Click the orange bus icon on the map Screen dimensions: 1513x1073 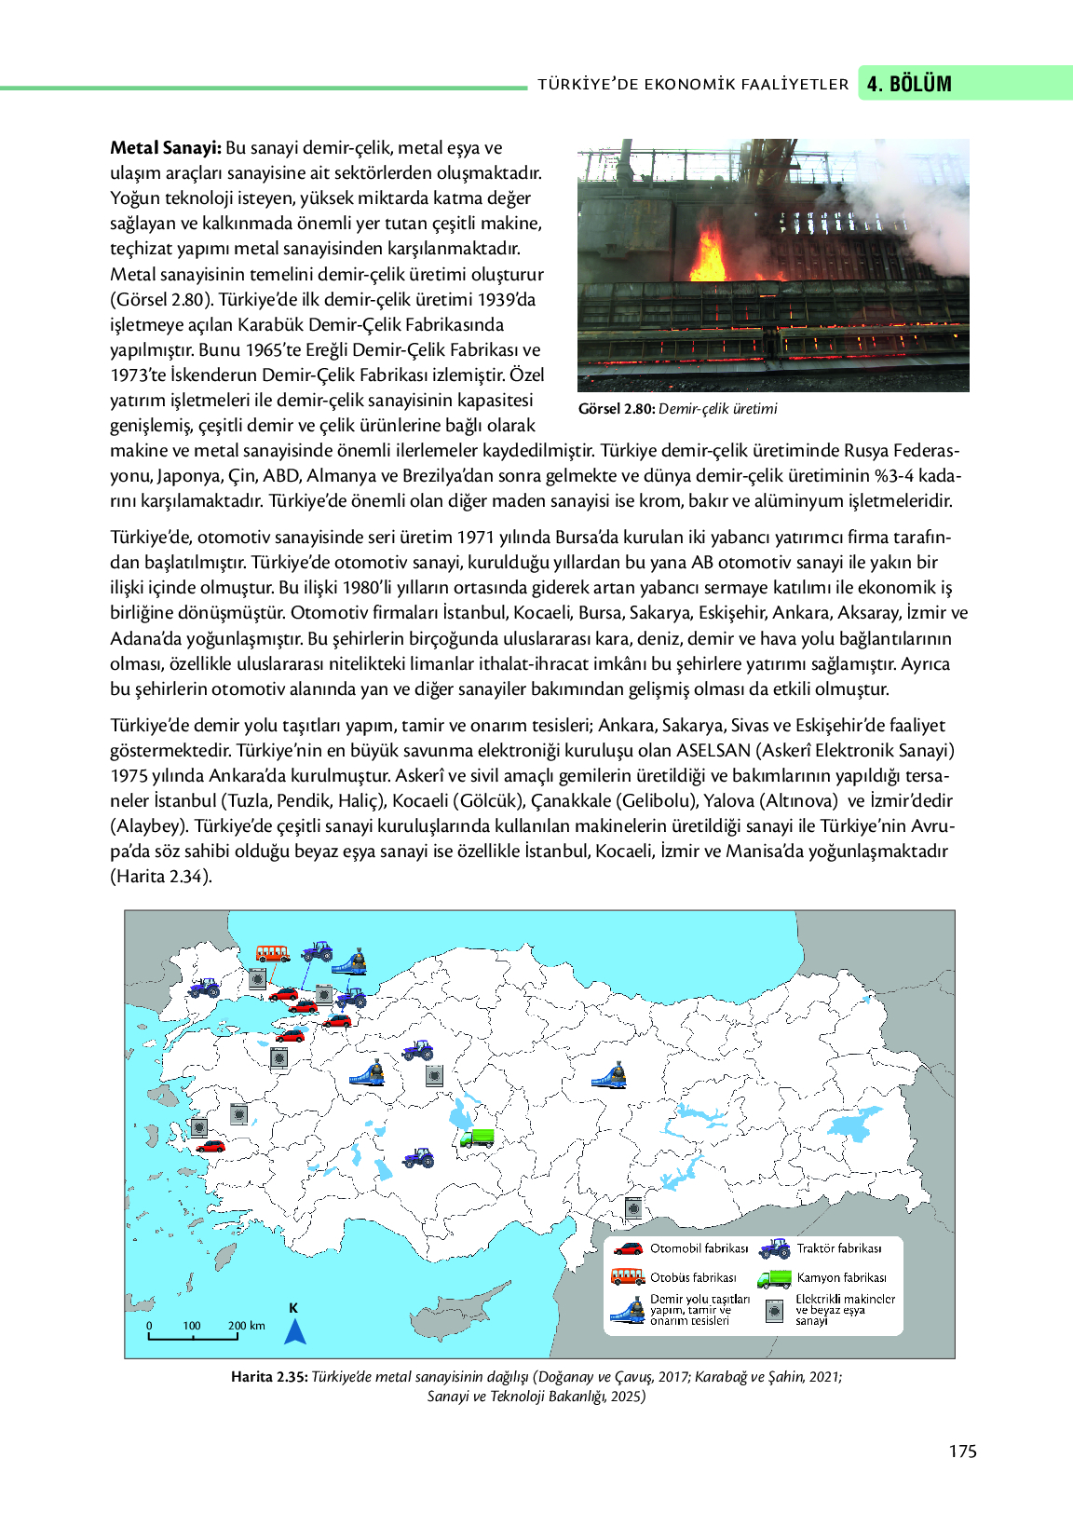(x=273, y=954)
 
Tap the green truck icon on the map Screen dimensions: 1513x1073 (x=477, y=1138)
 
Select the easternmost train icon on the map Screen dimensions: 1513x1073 (x=610, y=1076)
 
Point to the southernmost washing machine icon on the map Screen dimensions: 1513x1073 (x=633, y=1208)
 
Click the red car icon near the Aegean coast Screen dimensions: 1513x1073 (x=211, y=1146)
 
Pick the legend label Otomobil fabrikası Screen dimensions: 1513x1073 (x=699, y=1248)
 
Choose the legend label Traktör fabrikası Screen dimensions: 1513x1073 (x=838, y=1248)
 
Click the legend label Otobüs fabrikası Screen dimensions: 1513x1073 (x=693, y=1277)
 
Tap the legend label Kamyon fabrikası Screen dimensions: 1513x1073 (x=841, y=1277)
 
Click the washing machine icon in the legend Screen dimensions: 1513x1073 (x=774, y=1311)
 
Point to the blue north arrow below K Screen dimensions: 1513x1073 (x=295, y=1332)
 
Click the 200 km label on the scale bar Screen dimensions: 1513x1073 (x=247, y=1326)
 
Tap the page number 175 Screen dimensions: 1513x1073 (x=962, y=1452)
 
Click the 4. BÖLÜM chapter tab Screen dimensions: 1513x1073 (x=909, y=84)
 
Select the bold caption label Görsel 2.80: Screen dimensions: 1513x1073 (x=617, y=409)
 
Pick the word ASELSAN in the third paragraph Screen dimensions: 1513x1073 (x=713, y=750)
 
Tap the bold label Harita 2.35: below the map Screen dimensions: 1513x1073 (x=269, y=1377)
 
